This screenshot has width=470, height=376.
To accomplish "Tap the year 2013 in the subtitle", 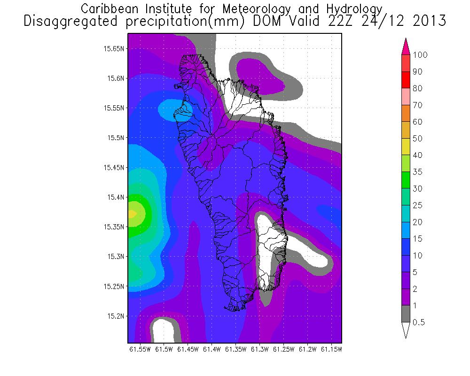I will pyautogui.click(x=426, y=22).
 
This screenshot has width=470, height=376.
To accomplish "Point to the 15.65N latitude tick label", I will pyautogui.click(x=114, y=48).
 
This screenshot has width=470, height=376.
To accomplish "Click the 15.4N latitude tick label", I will pyautogui.click(x=116, y=197).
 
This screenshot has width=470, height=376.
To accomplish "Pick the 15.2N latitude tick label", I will pyautogui.click(x=116, y=316).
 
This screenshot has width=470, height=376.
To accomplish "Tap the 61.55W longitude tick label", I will pyautogui.click(x=139, y=350).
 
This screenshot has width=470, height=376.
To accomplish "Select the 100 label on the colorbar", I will pyautogui.click(x=420, y=55).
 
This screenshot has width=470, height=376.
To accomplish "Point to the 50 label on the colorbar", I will pyautogui.click(x=417, y=139).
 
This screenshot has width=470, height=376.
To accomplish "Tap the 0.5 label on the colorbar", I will pyautogui.click(x=418, y=322).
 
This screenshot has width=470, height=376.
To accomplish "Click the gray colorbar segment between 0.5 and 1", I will pyautogui.click(x=406, y=314).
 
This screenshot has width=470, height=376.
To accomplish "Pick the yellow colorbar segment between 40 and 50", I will pyautogui.click(x=406, y=147).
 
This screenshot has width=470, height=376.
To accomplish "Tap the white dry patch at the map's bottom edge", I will pyautogui.click(x=163, y=330).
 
